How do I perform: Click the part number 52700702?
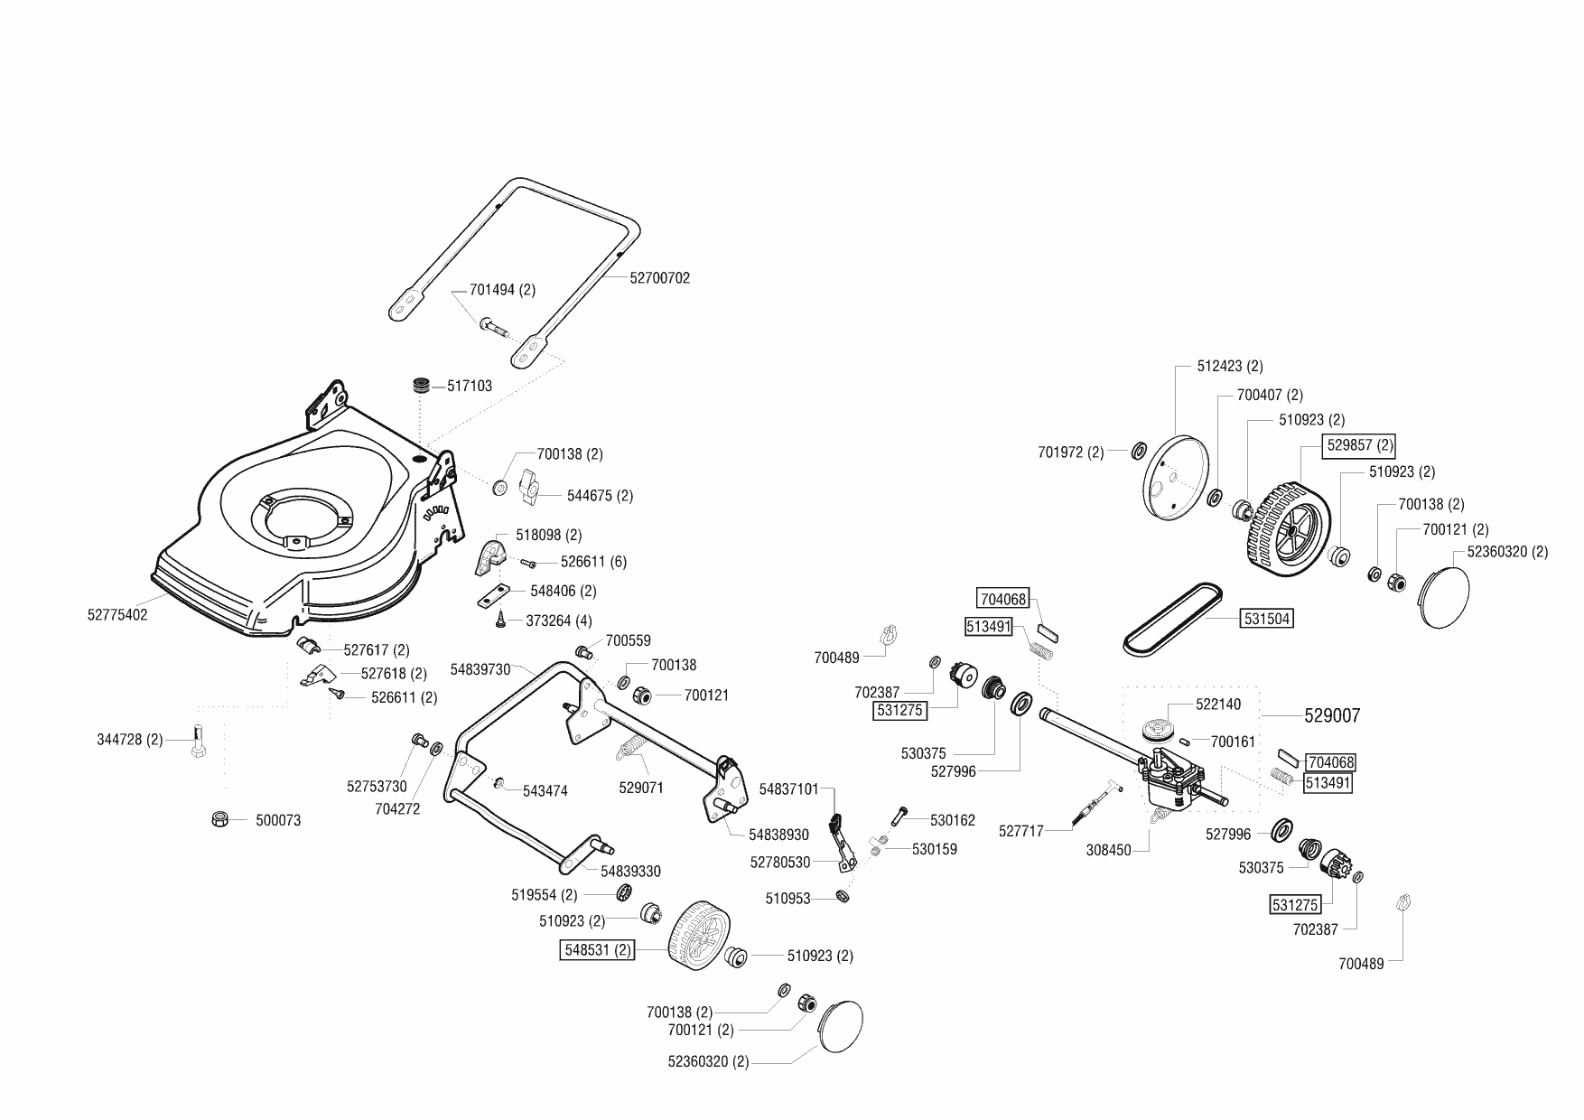click(659, 278)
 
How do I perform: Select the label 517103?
click(470, 386)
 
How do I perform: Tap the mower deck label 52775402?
click(117, 615)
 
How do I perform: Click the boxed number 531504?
click(1267, 619)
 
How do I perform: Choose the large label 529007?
click(1332, 715)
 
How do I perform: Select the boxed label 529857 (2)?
click(1359, 445)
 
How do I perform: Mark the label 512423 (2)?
click(1229, 366)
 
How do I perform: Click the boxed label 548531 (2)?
click(598, 950)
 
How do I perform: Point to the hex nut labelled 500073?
click(218, 819)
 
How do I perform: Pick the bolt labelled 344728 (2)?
click(200, 743)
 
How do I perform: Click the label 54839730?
click(480, 669)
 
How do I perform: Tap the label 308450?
click(1108, 850)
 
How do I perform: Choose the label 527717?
click(1020, 831)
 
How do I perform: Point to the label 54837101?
click(788, 789)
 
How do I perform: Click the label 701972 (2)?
click(1070, 453)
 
